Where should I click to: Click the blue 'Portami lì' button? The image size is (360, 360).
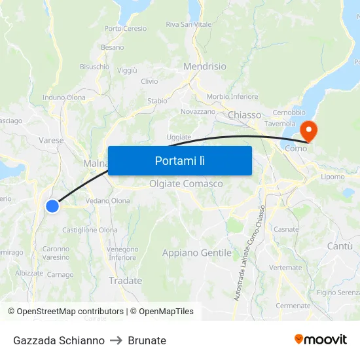tap(179, 160)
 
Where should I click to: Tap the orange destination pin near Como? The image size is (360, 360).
tap(308, 130)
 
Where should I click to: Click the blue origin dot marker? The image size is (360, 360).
tap(52, 206)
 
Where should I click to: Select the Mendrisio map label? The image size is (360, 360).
tap(205, 67)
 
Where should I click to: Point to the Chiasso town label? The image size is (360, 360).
tap(244, 115)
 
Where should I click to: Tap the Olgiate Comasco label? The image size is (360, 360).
tap(186, 184)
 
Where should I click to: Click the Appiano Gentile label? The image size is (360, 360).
tap(197, 253)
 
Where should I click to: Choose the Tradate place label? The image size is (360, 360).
tap(126, 281)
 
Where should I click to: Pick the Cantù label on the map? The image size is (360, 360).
tap(339, 246)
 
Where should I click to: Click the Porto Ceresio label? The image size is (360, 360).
tap(126, 29)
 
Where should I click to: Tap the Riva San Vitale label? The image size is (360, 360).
tap(189, 25)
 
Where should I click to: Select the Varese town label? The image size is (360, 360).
tap(52, 140)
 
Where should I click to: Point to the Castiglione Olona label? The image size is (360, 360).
tap(90, 230)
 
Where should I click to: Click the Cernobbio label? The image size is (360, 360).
tap(289, 113)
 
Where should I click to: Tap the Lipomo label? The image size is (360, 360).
tap(333, 177)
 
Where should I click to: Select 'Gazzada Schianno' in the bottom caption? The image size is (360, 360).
tap(59, 340)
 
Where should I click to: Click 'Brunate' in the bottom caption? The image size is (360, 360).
tap(147, 340)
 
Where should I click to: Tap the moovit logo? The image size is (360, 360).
tap(321, 339)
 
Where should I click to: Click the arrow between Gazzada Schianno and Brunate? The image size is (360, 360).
tap(117, 340)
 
